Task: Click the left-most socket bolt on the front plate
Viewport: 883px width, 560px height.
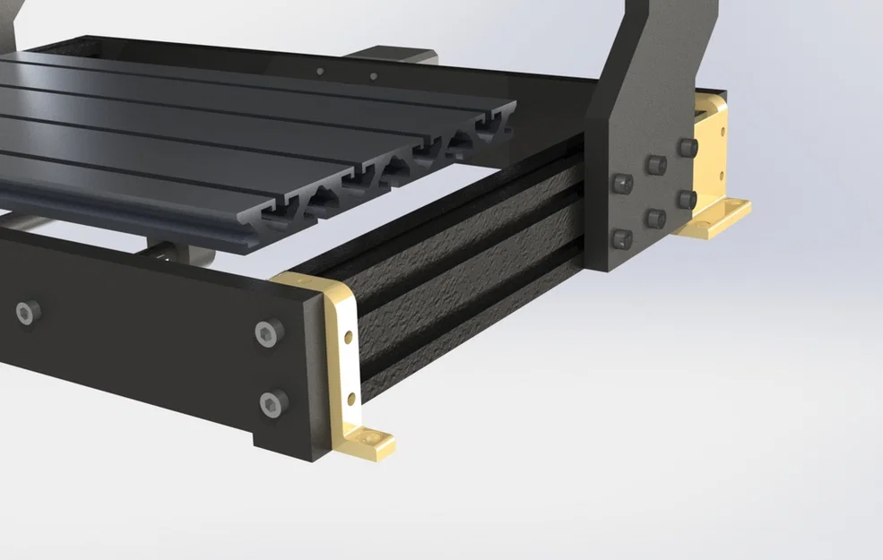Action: tap(27, 313)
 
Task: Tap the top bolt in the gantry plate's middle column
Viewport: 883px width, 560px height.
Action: tap(656, 163)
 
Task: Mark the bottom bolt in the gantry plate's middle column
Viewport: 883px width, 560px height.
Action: tap(655, 218)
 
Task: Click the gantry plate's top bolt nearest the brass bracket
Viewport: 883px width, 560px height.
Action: tap(687, 147)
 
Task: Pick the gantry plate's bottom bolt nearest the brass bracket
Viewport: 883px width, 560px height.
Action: tap(687, 199)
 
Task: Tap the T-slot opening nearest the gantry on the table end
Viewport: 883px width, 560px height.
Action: tap(492, 131)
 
